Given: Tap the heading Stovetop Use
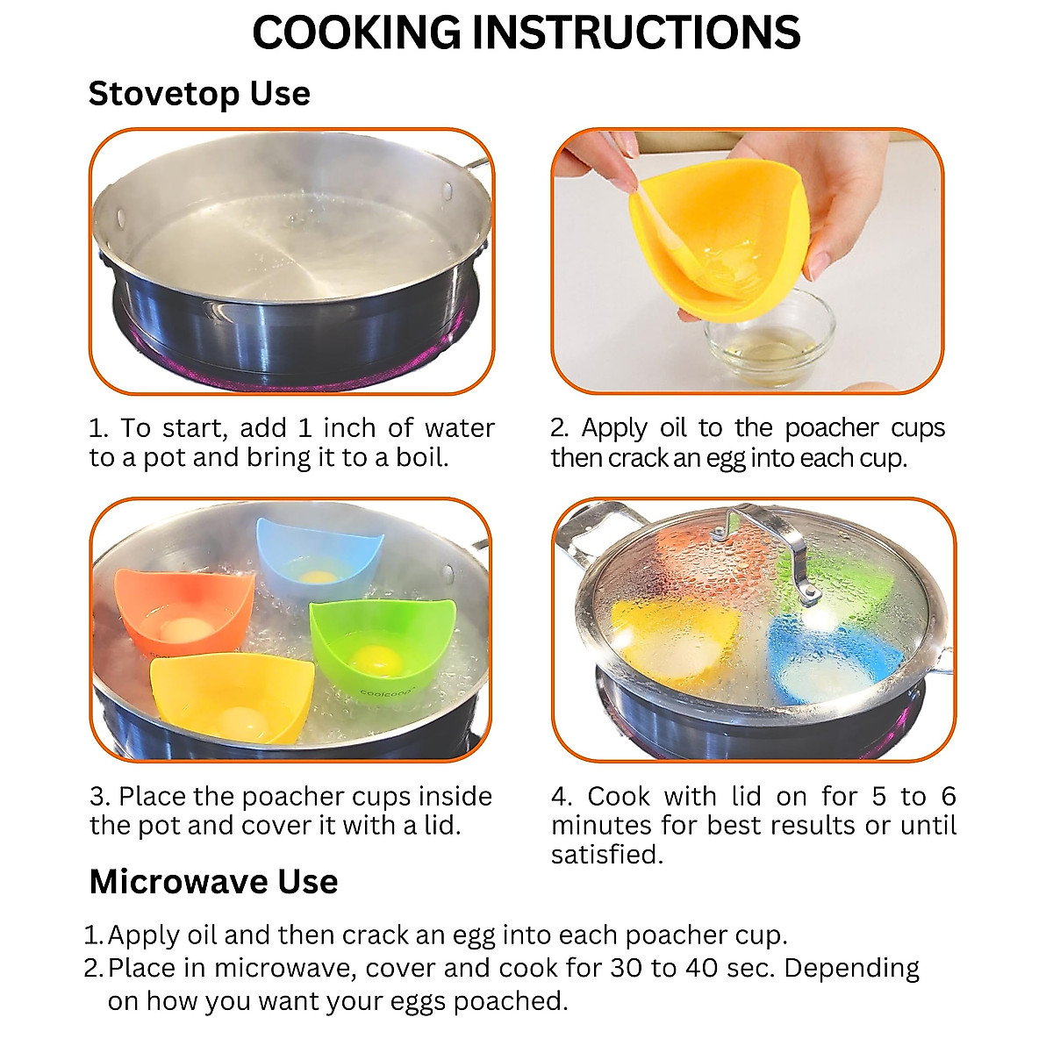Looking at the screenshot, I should tap(199, 94).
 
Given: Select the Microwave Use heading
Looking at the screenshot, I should tap(213, 882).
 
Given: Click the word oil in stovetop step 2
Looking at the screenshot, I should tap(673, 428).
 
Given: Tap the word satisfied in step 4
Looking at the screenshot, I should tap(605, 855).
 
